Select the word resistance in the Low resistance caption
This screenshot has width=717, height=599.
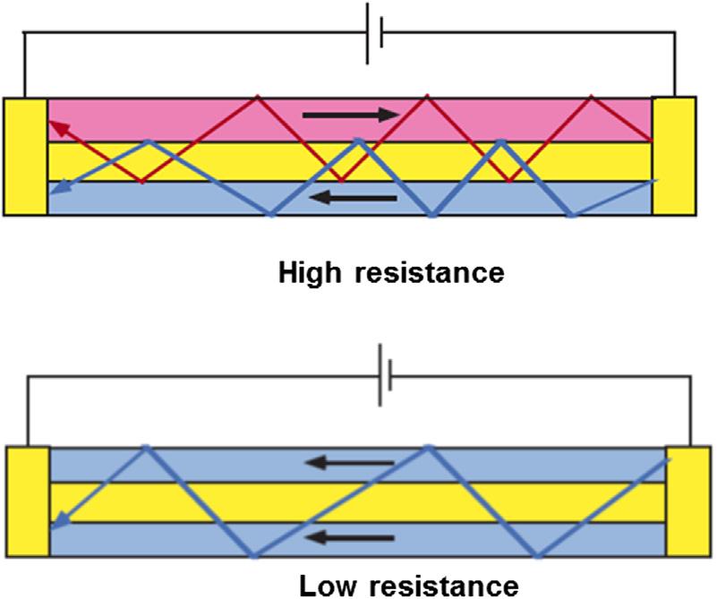(442, 586)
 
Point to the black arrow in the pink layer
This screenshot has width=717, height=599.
(351, 115)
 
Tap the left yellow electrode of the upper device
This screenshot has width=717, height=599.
(26, 156)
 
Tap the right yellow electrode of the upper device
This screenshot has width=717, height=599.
(673, 156)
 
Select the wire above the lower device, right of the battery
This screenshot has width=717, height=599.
(537, 376)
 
